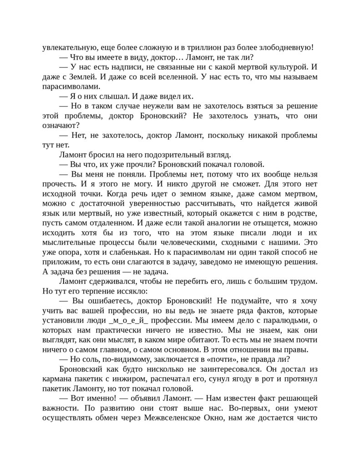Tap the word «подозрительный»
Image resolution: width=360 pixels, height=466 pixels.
coord(171,155)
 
